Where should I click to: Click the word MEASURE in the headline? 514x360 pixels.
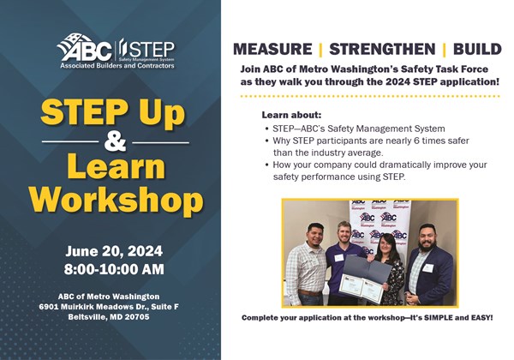point(272,49)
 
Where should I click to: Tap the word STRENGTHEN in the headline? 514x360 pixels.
point(382,49)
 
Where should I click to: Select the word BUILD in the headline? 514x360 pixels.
point(477,49)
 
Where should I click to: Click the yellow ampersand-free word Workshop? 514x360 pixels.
point(117,200)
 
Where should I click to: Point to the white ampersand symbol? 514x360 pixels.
point(115,142)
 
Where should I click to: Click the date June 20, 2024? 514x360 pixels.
point(114,251)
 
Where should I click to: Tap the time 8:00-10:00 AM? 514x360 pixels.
point(114,269)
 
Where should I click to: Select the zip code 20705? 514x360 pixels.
point(137,317)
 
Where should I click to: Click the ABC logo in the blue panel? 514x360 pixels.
point(85,48)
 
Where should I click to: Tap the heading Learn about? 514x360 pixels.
point(291,115)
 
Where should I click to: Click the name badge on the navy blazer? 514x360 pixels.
point(427,268)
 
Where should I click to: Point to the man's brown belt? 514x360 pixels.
point(310,293)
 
